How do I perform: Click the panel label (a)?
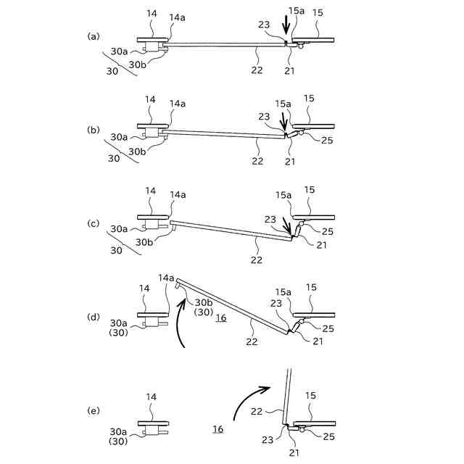tap(93, 36)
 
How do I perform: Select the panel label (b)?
tap(93, 130)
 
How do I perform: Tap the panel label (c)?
tap(93, 223)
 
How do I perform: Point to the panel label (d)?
tap(93, 317)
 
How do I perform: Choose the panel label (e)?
tap(93, 410)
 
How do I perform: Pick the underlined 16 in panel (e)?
tap(217, 429)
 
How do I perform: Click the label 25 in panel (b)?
tap(326, 140)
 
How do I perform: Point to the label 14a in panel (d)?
tap(167, 278)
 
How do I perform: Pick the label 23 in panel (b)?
tap(266, 116)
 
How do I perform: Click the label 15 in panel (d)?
tap(312, 289)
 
